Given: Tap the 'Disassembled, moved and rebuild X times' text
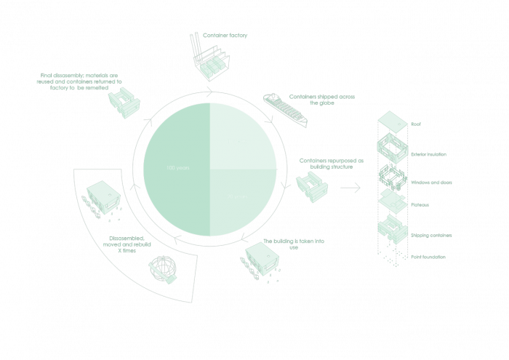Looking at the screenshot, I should (131, 243).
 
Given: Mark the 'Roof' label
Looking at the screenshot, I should (416, 124).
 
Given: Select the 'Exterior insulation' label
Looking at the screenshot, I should (428, 155).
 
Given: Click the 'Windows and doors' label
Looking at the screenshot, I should (432, 182).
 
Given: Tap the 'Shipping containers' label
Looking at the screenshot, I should (432, 235).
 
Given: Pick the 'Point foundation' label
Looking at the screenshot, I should (429, 257).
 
